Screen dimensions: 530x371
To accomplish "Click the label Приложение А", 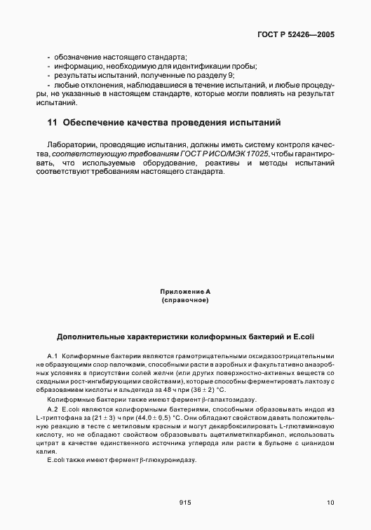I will point(185,290).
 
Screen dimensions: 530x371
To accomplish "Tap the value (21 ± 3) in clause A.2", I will point(108,416).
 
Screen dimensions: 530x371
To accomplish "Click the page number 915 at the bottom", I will point(185,502).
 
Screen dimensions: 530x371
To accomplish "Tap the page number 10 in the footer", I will point(330,502).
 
